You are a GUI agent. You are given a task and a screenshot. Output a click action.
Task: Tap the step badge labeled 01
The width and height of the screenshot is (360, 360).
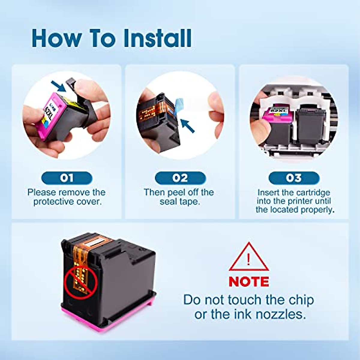pyautogui.click(x=67, y=178)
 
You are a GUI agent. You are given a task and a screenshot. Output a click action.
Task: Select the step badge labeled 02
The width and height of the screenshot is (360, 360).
pyautogui.click(x=180, y=178)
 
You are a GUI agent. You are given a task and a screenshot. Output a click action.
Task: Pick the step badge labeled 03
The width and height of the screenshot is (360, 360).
pyautogui.click(x=294, y=178)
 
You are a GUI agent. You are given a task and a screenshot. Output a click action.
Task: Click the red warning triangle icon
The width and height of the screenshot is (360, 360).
pyautogui.click(x=248, y=258)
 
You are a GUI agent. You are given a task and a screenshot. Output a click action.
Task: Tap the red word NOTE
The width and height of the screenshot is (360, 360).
pyautogui.click(x=249, y=282)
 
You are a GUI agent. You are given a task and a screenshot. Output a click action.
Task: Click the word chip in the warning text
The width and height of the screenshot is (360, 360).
pyautogui.click(x=301, y=300)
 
